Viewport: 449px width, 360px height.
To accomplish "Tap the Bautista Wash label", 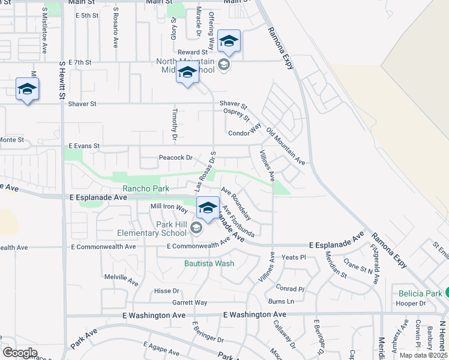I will pos(209,263).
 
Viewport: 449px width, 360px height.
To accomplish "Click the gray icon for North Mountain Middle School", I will pos(224,65).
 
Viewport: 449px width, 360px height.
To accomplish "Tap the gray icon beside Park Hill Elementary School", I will pos(196,228).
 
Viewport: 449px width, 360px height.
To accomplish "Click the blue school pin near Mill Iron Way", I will pos(208,208).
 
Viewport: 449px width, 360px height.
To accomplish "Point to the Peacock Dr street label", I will pos(175,158).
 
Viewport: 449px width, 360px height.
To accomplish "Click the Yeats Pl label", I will pos(294,257).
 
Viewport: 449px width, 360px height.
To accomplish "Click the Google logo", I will pos(20,353).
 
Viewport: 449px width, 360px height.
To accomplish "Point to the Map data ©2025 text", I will pos(424,355).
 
